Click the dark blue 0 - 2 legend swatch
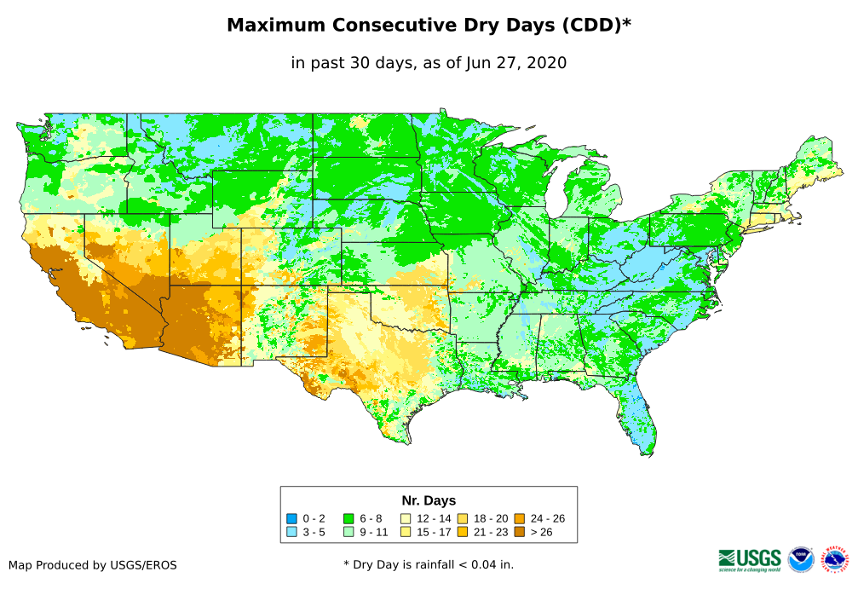[x=291, y=518]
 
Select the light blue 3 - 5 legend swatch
[x=291, y=532]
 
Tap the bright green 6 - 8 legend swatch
[x=348, y=518]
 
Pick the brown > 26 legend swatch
[x=520, y=532]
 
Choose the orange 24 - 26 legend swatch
[x=520, y=518]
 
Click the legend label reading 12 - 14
[x=434, y=518]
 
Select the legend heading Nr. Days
[x=429, y=500]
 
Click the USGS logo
[x=750, y=559]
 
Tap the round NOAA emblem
[x=801, y=559]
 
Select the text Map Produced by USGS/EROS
[x=93, y=565]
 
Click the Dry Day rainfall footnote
[x=429, y=564]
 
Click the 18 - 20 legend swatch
[x=463, y=518]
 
